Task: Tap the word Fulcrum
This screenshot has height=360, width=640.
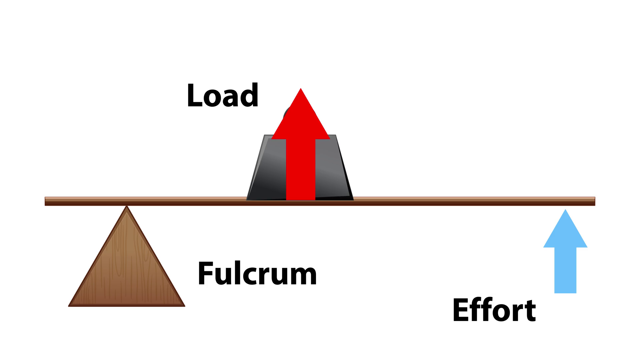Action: [257, 274]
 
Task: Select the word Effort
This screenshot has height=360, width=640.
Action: [494, 310]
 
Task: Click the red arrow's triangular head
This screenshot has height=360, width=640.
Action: [301, 120]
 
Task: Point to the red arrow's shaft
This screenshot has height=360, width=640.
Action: [301, 170]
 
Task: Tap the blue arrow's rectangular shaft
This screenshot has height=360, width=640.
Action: [565, 270]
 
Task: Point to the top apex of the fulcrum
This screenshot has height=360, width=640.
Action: [127, 207]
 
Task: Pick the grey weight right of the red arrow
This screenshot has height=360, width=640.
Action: [332, 170]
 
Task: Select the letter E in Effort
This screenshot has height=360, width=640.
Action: [460, 310]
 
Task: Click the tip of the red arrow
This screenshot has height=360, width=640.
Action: [301, 89]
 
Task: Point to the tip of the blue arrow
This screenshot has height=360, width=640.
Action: [565, 210]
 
